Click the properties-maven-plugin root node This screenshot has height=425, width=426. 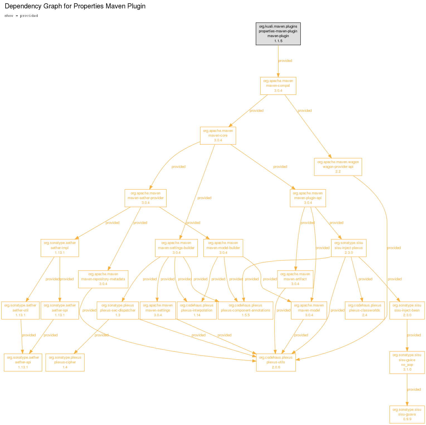pos(278,33)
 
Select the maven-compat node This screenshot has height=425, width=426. pos(278,86)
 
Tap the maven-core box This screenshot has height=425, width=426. pos(218,136)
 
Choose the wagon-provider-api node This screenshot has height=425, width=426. pos(338,167)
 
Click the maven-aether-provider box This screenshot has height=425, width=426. pos(145,198)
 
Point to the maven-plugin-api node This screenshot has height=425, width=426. pos(308,198)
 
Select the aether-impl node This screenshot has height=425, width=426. pos(60,248)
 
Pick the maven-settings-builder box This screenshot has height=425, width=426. pos(176,248)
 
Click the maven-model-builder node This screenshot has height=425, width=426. pos(223,248)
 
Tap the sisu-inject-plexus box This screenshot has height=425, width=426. pos(349,248)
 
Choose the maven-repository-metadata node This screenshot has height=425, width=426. pos(103,279)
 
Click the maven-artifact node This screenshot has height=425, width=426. pos(295,279)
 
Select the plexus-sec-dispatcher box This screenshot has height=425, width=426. pos(118,310)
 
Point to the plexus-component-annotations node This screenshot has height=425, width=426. pos(245,310)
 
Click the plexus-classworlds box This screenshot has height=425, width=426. pos(364,310)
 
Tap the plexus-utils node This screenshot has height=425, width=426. pos(276,362)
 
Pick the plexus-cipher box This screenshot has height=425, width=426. pos(65,362)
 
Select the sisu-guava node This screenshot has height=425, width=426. pos(407,414)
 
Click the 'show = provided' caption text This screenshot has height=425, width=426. pos(21,16)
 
